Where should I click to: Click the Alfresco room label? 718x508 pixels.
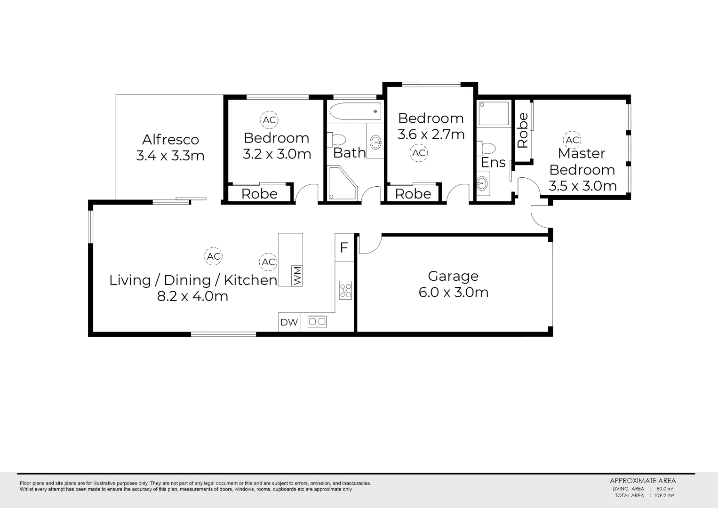click(170, 140)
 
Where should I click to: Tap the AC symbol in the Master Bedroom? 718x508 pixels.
click(572, 140)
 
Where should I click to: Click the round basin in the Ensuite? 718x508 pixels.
click(482, 183)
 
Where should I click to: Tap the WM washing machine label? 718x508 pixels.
click(297, 276)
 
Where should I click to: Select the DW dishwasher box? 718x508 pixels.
click(289, 322)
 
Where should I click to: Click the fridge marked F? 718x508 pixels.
click(344, 247)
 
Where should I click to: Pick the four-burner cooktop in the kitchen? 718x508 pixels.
click(345, 290)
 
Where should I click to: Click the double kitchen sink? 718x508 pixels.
click(317, 322)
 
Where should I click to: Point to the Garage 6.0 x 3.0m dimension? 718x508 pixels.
click(454, 293)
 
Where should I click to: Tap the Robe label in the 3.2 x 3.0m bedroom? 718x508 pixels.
click(259, 194)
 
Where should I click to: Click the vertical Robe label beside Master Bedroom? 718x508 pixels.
click(523, 130)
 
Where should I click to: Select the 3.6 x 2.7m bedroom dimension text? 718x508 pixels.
click(431, 135)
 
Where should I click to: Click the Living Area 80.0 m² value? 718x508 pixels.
click(663, 489)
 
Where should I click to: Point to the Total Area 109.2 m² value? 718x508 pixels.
click(664, 495)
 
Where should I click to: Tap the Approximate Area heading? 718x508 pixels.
click(643, 481)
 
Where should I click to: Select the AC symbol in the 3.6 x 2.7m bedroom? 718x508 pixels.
click(419, 153)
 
